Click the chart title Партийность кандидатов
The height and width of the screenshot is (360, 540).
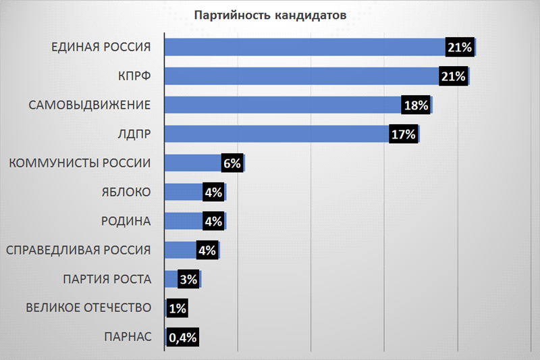tap(270, 15)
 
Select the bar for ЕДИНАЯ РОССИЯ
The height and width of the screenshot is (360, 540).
tap(304, 47)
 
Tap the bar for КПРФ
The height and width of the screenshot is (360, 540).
tap(300, 76)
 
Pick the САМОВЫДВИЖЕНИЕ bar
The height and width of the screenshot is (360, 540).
tap(283, 105)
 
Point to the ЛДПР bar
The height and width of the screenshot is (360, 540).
tap(277, 134)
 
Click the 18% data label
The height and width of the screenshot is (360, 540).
tap(416, 105)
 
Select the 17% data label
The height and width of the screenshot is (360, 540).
tap(403, 134)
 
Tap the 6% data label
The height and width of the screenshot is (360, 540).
tap(232, 163)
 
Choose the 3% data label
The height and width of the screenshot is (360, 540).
tap(188, 279)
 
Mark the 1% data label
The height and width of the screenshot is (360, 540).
tap(177, 308)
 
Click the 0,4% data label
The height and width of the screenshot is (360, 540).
tap(182, 337)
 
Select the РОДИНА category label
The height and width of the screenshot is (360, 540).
tap(125, 221)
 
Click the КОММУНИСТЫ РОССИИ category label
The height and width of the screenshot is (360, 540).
tap(78, 163)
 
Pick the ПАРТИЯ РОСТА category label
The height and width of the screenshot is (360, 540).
tap(107, 279)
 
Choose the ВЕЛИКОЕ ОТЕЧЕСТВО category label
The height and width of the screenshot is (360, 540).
tap(88, 308)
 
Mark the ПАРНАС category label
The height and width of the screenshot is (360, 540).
tap(128, 337)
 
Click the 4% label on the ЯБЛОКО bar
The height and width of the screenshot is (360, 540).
tap(213, 192)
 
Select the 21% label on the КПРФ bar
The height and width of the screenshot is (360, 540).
tap(453, 76)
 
